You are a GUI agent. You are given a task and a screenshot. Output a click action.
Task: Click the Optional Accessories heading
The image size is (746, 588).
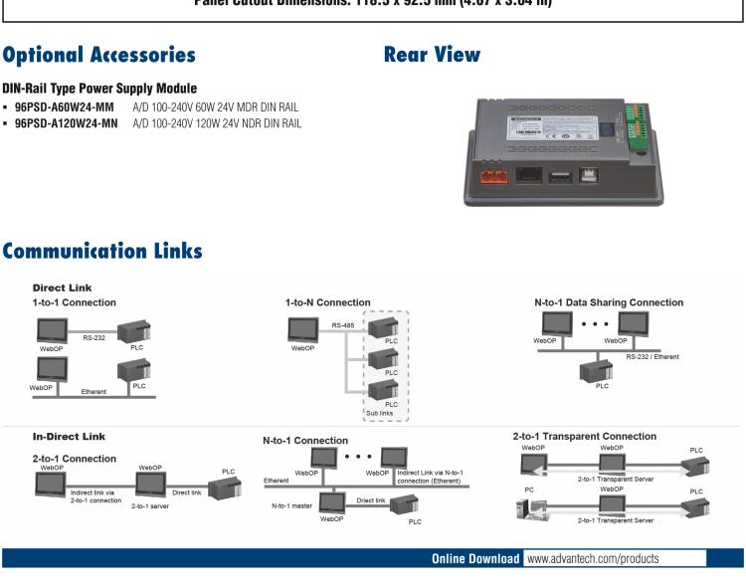(x=98, y=55)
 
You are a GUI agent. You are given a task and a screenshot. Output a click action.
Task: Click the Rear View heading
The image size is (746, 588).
(x=432, y=55)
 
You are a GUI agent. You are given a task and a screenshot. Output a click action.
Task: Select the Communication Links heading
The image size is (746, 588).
(x=103, y=253)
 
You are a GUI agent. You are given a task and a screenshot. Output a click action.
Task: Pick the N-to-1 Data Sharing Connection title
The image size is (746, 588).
(x=609, y=302)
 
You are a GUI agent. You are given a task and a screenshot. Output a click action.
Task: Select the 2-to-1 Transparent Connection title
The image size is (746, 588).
(x=585, y=436)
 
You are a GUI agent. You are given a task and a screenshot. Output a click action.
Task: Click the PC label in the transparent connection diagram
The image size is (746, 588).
(x=528, y=490)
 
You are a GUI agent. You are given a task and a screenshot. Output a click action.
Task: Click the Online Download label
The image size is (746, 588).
(x=475, y=558)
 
